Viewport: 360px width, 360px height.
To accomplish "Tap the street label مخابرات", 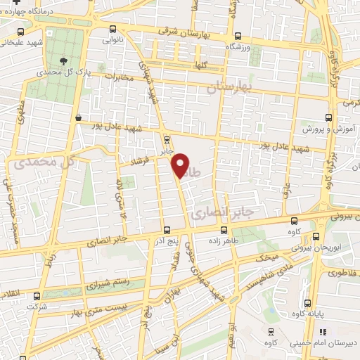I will pos(118,77).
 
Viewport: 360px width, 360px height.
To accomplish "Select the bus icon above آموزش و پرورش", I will pos(327,118).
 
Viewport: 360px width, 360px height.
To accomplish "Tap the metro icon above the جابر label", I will pos(167,138).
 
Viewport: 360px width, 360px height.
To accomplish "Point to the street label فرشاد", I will pos(130,162).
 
